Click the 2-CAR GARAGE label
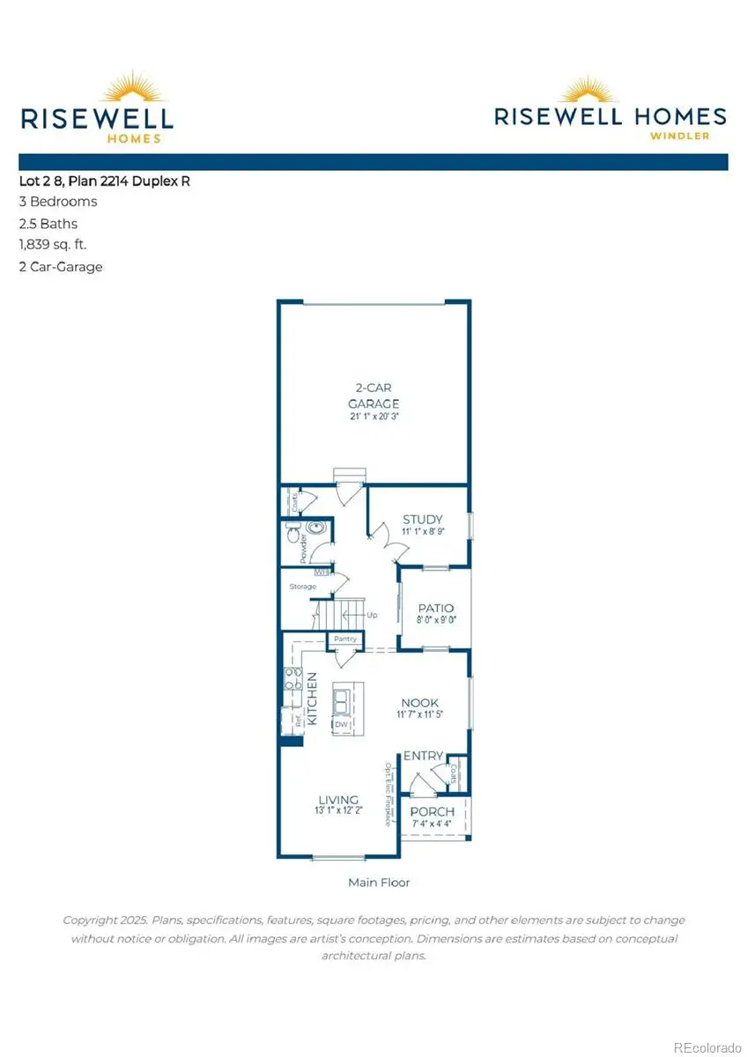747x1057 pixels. [373, 395]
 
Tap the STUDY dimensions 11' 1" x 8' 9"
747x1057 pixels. [422, 532]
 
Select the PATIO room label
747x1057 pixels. [435, 608]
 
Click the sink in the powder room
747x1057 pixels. [318, 528]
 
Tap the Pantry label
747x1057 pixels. [344, 639]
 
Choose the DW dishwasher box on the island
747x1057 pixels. [340, 724]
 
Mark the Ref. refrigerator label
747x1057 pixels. [299, 720]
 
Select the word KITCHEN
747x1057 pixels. [311, 700]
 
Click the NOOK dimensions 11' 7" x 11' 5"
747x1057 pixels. [419, 715]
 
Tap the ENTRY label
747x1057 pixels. [423, 756]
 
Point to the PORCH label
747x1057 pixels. [433, 811]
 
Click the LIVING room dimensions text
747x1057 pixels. [338, 811]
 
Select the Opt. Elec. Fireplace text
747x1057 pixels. [387, 794]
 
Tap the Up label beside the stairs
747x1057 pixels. [372, 615]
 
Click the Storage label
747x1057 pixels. [303, 586]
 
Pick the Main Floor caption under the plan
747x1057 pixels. [379, 882]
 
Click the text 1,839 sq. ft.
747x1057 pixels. [53, 245]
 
